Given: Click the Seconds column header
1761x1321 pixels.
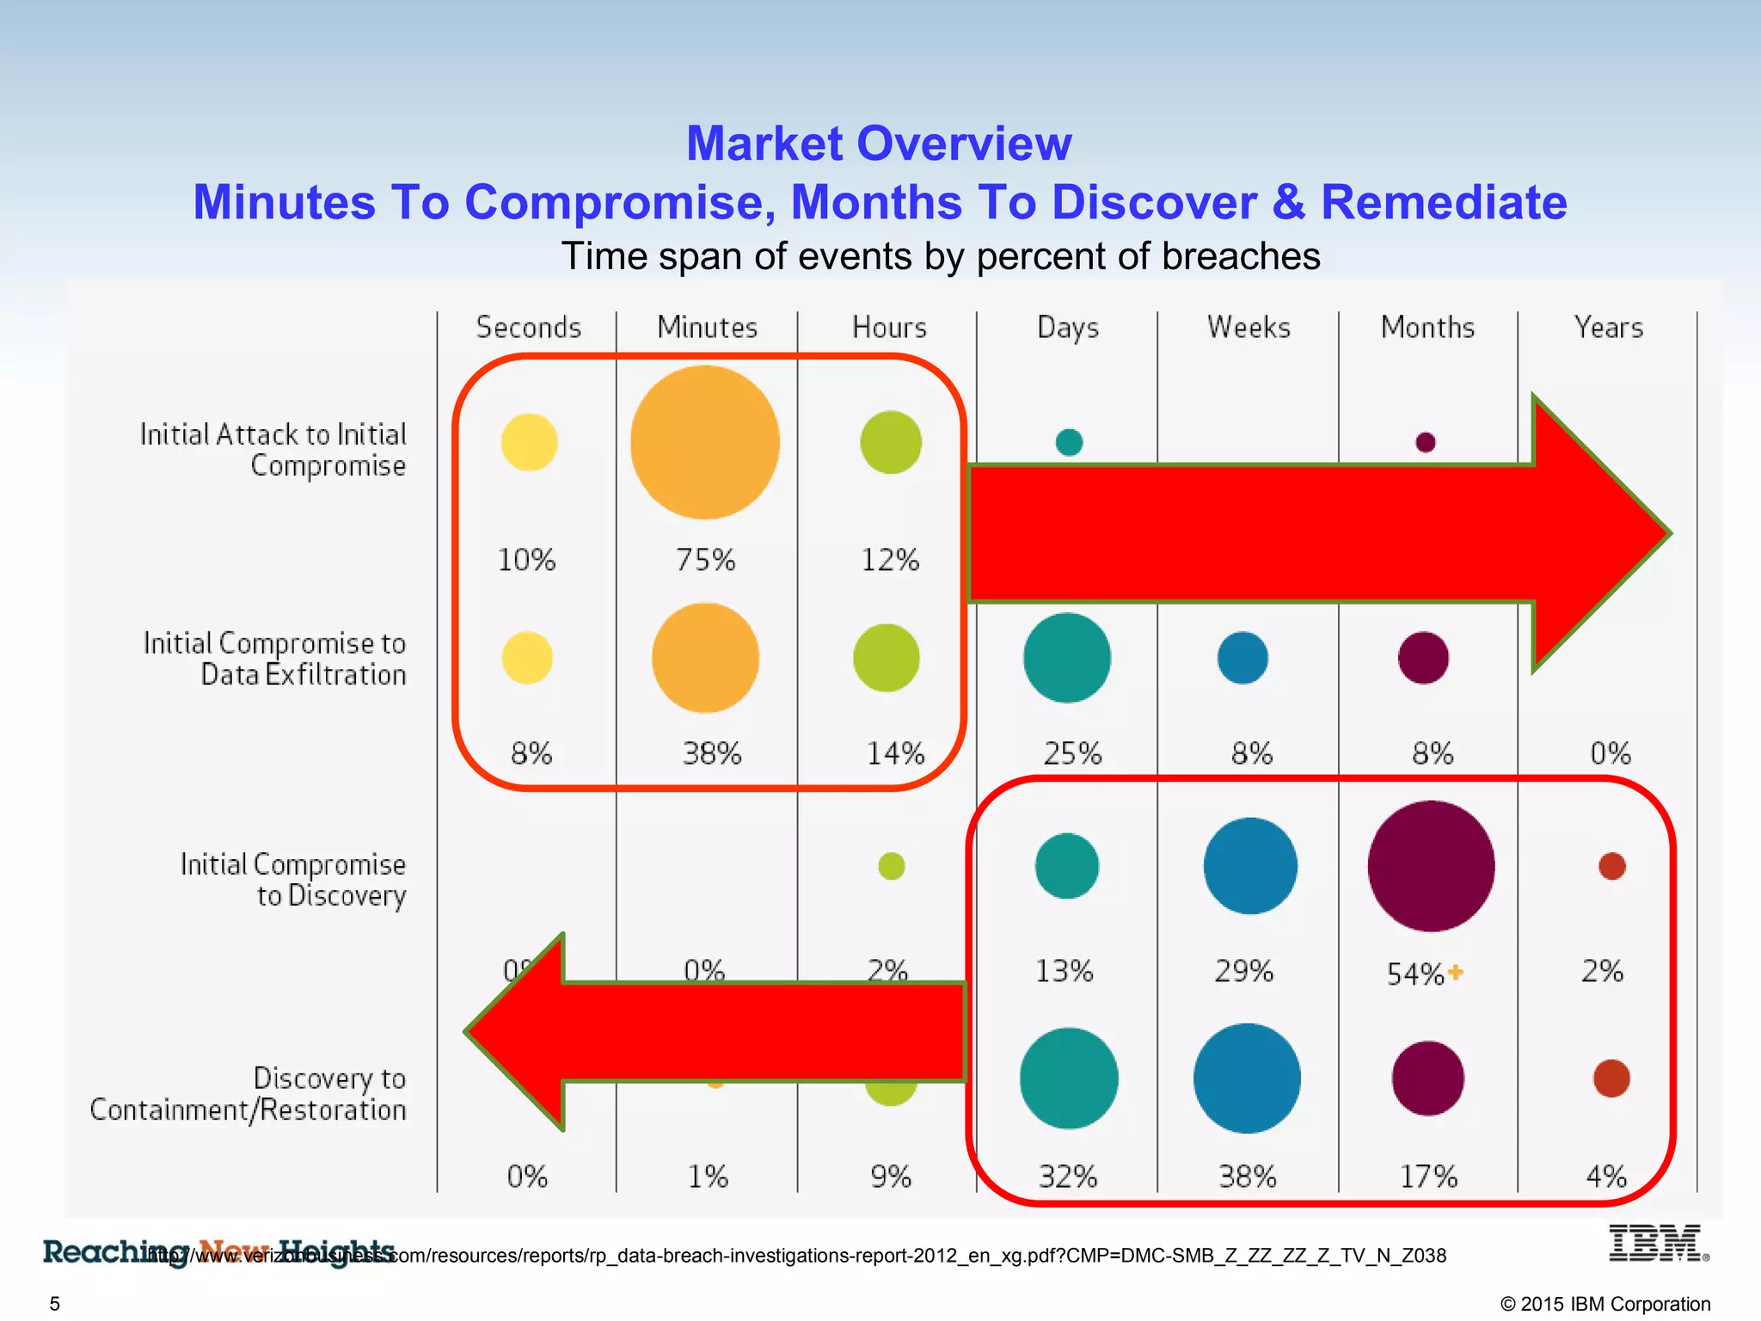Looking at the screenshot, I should tap(529, 328).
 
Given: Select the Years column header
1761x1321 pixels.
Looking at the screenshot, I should tap(1608, 328).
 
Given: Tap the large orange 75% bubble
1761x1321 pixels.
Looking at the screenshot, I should tap(705, 442).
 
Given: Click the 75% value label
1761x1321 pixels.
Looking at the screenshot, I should tap(705, 560).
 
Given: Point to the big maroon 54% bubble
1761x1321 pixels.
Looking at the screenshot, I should tap(1431, 866).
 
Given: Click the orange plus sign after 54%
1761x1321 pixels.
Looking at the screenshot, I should tap(1455, 972).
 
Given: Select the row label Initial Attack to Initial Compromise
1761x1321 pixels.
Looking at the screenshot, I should tap(273, 450).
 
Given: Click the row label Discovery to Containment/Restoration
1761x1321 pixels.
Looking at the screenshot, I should tap(249, 1094).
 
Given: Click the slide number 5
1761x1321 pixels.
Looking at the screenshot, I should tap(55, 1304).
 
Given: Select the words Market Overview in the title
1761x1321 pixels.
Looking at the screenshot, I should tap(879, 143).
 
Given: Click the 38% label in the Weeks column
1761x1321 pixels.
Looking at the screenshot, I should tap(1248, 1176).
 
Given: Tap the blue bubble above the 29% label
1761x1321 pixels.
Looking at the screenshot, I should tap(1250, 866).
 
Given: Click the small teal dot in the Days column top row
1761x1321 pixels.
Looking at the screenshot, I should tap(1069, 442).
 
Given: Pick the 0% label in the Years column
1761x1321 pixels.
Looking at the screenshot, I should tap(1610, 753).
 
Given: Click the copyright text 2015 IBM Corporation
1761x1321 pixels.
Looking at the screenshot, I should tap(1605, 1304).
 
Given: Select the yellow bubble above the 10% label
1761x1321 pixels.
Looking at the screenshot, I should tap(529, 442).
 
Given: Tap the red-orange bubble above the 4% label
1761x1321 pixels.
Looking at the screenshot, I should tap(1611, 1078).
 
